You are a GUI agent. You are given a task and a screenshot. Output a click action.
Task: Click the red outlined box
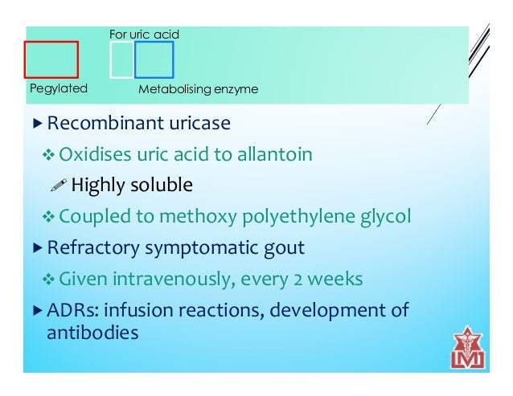(x=51, y=59)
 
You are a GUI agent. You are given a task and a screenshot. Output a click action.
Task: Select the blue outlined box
(x=154, y=59)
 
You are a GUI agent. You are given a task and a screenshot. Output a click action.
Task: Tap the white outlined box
(x=121, y=59)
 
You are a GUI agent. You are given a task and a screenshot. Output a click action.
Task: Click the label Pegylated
(x=58, y=88)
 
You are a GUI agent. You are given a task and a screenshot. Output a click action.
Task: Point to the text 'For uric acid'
(x=144, y=35)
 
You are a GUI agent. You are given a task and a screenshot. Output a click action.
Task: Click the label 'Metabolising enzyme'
(x=198, y=89)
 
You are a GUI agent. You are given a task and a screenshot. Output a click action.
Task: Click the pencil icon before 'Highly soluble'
(x=59, y=186)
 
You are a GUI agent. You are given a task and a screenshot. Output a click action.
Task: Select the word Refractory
(x=92, y=247)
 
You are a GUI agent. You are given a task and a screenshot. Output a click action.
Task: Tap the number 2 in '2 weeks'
(x=299, y=279)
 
